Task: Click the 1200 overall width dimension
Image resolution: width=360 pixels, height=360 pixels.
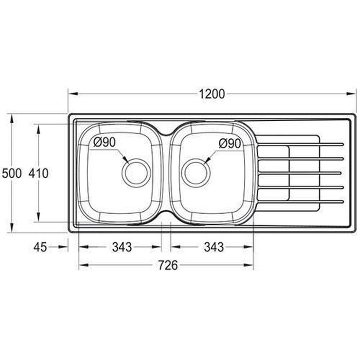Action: [212, 94]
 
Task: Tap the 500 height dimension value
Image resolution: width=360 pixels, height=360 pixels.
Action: [12, 173]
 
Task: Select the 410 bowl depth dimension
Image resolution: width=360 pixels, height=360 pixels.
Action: [38, 173]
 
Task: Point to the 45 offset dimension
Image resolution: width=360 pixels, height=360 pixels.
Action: [40, 247]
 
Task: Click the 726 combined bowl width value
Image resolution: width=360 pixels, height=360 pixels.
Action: [168, 265]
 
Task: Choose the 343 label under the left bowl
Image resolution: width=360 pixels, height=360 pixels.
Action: [122, 247]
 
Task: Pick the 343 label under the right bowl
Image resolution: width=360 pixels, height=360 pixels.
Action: [214, 247]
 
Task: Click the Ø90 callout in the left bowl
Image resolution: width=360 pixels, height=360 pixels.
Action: [105, 143]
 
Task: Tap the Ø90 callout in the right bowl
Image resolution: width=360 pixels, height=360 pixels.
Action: [230, 144]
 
